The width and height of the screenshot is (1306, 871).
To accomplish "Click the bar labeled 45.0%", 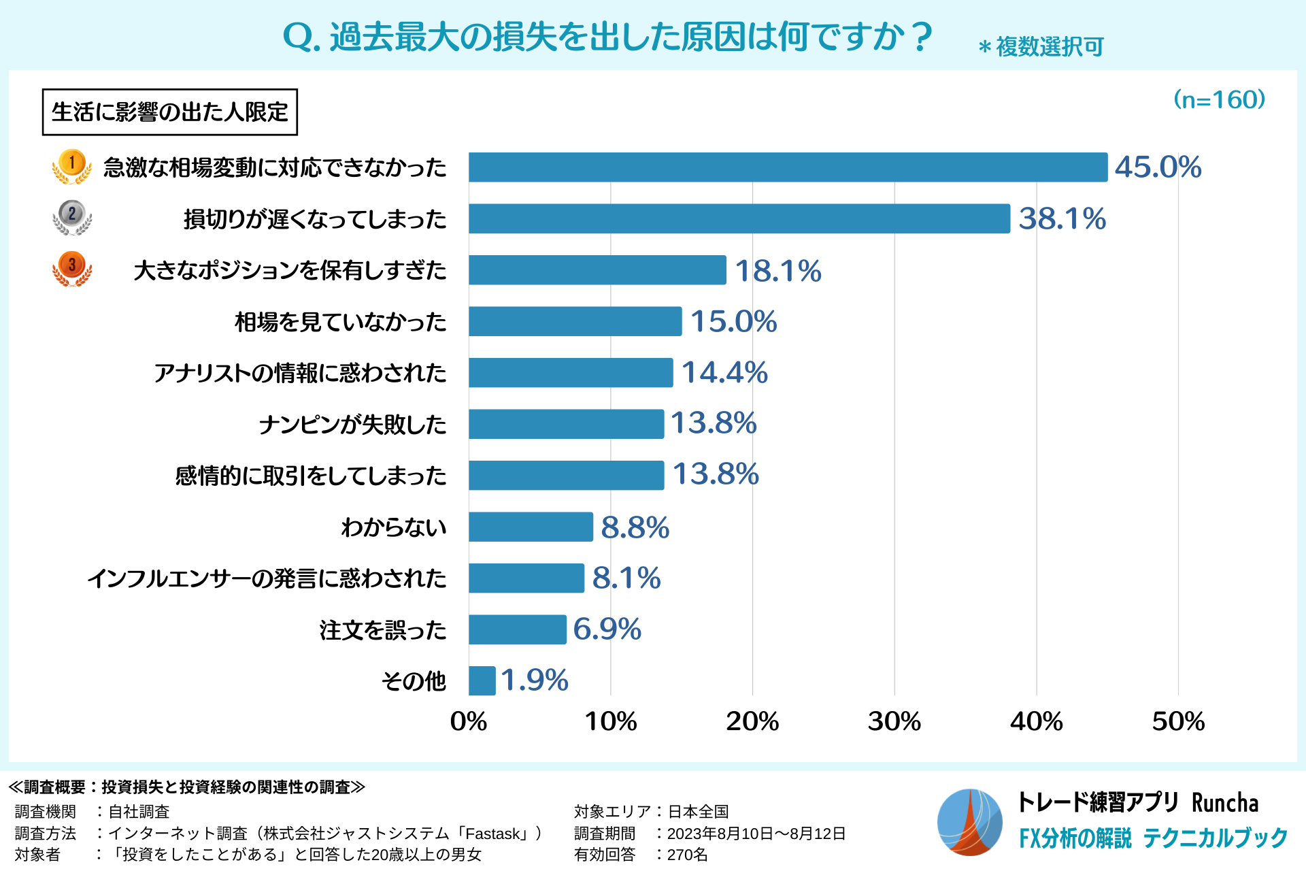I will pyautogui.click(x=788, y=167).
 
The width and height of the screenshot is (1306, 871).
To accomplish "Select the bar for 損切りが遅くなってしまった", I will pyautogui.click(x=739, y=218).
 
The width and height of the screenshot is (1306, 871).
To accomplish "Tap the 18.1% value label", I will pyautogui.click(x=778, y=271).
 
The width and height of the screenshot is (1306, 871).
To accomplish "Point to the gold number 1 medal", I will pyautogui.click(x=72, y=166).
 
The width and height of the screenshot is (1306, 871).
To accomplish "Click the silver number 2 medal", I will pyautogui.click(x=72, y=217).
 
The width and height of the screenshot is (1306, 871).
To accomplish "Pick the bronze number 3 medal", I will pyautogui.click(x=72, y=268).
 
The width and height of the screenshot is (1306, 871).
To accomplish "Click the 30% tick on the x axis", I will pyautogui.click(x=894, y=721).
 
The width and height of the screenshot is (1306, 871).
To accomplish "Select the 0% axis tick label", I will pyautogui.click(x=469, y=721).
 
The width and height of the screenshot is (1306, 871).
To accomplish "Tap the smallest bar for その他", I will pyautogui.click(x=482, y=680).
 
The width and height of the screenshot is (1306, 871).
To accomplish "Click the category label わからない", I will pyautogui.click(x=394, y=527).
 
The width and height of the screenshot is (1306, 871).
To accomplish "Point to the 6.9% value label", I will pyautogui.click(x=607, y=629).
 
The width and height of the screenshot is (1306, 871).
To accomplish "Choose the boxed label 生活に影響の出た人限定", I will pyautogui.click(x=170, y=112).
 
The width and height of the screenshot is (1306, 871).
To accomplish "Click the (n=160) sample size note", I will pyautogui.click(x=1219, y=100).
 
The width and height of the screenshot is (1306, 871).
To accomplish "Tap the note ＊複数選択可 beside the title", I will pyautogui.click(x=1041, y=47).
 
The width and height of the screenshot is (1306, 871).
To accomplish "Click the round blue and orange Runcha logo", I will pyautogui.click(x=969, y=822).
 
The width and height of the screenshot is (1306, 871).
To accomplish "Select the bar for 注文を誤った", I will pyautogui.click(x=517, y=629).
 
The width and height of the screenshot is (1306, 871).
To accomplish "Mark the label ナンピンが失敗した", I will pyautogui.click(x=352, y=425).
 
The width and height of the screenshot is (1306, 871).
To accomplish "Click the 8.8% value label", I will pyautogui.click(x=635, y=527).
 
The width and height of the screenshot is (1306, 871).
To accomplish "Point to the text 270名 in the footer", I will pyautogui.click(x=687, y=855).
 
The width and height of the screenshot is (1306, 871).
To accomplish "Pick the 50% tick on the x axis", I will pyautogui.click(x=1178, y=721).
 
